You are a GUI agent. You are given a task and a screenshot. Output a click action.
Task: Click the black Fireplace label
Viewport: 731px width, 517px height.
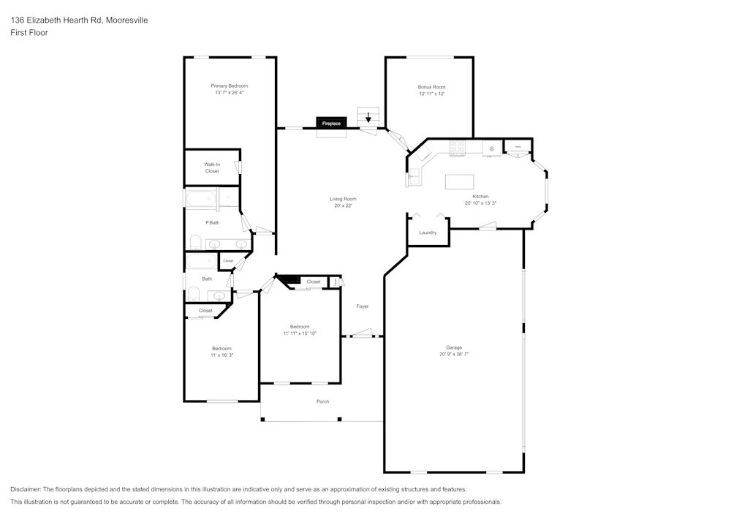(330, 124)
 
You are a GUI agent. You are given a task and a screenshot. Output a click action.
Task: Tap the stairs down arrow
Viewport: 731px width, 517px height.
(368, 117)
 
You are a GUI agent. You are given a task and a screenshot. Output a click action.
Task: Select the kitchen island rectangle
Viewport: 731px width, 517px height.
(459, 181)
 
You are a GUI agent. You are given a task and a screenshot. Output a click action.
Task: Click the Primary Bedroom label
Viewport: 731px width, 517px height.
(229, 86)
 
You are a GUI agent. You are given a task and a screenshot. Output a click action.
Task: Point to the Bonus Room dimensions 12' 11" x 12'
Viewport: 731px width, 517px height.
(431, 94)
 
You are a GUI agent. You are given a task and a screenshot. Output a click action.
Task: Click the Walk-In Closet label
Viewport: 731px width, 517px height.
(212, 167)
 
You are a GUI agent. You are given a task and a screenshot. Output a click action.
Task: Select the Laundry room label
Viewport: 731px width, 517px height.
(428, 233)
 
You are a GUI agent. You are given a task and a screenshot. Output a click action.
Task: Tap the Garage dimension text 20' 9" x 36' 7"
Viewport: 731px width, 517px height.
(453, 354)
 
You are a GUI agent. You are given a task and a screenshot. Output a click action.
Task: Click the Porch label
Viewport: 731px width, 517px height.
(322, 401)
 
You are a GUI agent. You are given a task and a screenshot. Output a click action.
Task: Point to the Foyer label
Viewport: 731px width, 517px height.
(363, 306)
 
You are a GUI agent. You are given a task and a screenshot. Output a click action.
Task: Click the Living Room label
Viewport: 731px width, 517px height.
(343, 199)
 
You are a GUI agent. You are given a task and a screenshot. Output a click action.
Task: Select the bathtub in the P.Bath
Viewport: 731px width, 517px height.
(201, 198)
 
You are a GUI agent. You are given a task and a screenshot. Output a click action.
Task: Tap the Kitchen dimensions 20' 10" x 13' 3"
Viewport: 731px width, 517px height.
(480, 203)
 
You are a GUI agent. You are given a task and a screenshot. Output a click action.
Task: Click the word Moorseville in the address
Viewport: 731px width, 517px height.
(128, 20)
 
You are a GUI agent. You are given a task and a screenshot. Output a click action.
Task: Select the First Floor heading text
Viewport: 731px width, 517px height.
(29, 33)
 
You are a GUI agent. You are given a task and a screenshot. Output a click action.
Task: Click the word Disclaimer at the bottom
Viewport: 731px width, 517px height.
(26, 489)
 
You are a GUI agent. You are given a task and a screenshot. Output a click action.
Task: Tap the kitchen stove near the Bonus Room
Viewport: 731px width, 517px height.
(458, 148)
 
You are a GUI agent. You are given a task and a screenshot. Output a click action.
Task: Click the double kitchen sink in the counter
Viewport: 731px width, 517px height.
(413, 176)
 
